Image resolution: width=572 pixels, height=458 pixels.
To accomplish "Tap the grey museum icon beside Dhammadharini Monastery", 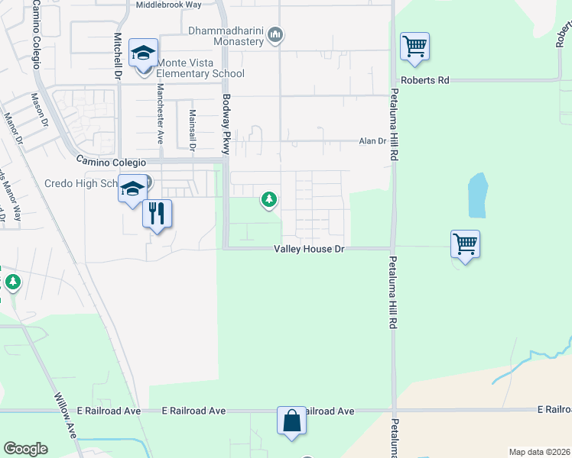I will pos(276,34).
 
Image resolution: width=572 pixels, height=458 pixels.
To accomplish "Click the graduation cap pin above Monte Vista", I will pos(143,54).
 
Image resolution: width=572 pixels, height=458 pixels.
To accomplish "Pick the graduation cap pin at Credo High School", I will pos(132,189).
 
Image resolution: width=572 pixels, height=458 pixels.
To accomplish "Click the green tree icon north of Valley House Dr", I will pos(269,200).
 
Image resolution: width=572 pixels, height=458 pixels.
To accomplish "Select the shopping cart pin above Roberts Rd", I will pos(414,47).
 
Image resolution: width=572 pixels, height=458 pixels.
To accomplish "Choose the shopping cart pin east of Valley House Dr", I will pos(465,245).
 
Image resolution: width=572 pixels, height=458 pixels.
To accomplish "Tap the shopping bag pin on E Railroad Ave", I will pos(291,420).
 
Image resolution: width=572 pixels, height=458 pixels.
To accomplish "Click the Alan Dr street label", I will pos(372,141).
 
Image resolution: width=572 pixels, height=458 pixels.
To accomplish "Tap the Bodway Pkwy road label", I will pos(226,124).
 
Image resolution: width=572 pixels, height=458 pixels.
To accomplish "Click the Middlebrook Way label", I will pos(168,5).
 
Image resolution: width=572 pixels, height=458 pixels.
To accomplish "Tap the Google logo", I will pos(25,449).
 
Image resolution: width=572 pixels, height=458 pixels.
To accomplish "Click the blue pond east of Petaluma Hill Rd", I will pos(476,195).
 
